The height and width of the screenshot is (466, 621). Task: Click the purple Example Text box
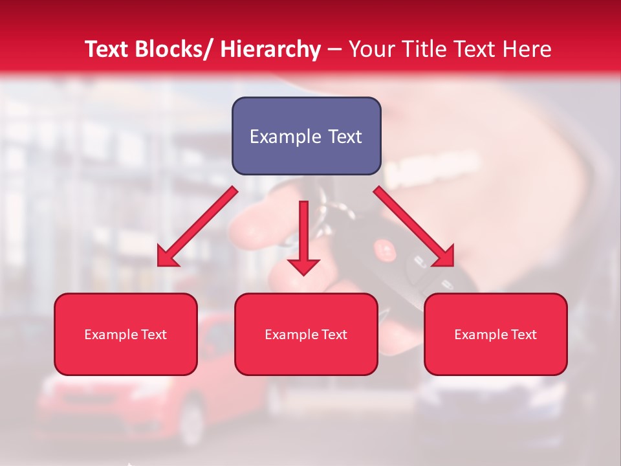point(306,136)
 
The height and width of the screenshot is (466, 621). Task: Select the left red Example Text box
point(125,334)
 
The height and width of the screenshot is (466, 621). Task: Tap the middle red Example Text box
point(306,334)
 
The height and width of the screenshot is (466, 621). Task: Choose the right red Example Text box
point(496,334)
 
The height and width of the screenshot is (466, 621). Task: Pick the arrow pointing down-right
point(414,227)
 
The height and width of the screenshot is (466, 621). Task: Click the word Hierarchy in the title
point(270,50)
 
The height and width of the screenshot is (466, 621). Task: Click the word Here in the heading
point(527,50)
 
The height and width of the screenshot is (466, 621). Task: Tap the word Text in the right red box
point(523,335)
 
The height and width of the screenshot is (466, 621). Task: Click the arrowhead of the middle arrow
point(303,265)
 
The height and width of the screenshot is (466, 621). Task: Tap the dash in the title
point(334,50)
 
